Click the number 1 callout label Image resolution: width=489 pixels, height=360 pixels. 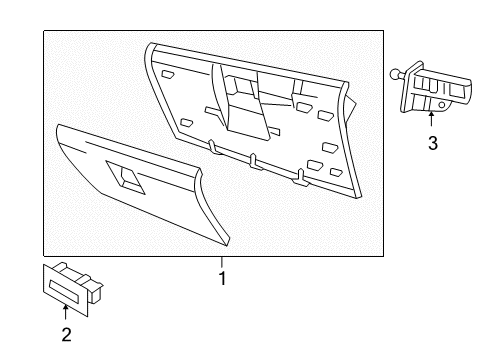[x=222, y=278]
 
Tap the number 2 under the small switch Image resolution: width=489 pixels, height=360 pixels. [x=66, y=335]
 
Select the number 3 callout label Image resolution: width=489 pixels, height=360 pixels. [x=432, y=143]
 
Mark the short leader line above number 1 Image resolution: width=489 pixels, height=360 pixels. [x=222, y=262]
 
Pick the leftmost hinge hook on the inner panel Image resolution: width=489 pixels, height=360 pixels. [x=214, y=147]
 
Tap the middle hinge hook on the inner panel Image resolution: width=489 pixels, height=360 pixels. [x=255, y=159]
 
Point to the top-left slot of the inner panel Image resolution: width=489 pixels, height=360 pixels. [x=167, y=75]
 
